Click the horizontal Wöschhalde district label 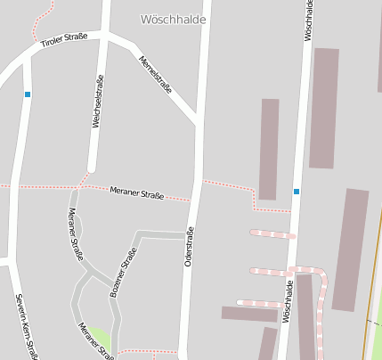pyautogui.click(x=174, y=19)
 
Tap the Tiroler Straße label pyautogui.click(x=64, y=40)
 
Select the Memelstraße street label pyautogui.click(x=156, y=75)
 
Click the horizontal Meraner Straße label pyautogui.click(x=136, y=192)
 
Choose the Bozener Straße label pyautogui.click(x=124, y=273)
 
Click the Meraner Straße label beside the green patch pyautogui.click(x=96, y=340)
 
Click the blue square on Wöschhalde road pyautogui.click(x=297, y=191)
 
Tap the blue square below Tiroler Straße pyautogui.click(x=28, y=94)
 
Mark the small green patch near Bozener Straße pyautogui.click(x=101, y=338)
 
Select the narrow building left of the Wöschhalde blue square pyautogui.click(x=269, y=149)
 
